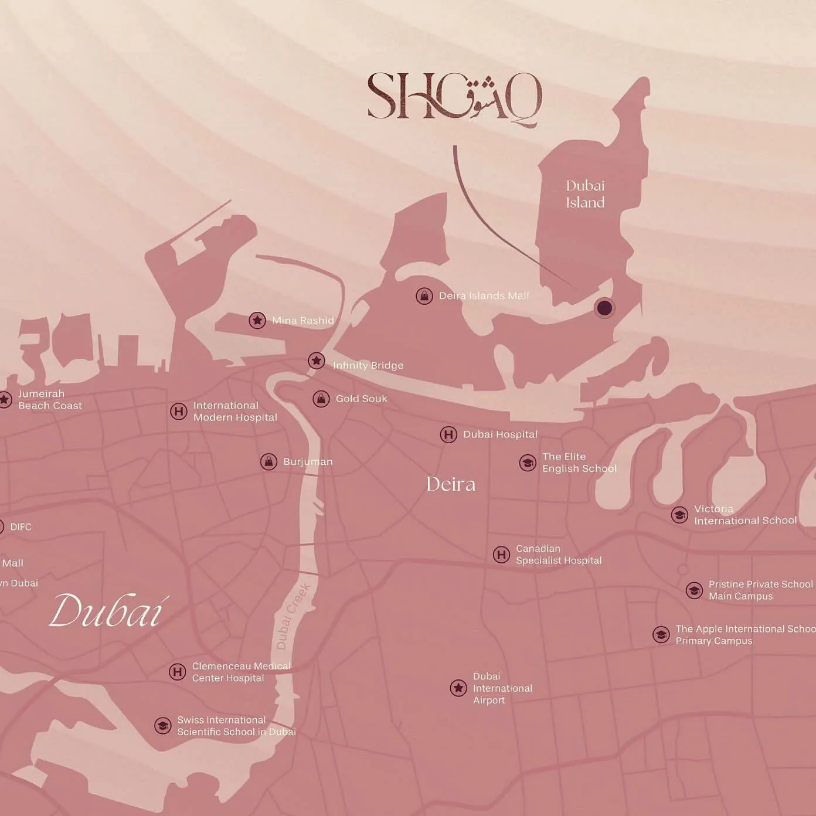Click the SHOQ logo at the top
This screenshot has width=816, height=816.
click(454, 97)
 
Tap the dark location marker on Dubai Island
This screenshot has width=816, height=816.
click(604, 308)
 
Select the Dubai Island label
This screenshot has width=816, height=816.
click(585, 194)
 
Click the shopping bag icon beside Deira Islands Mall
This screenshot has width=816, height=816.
click(424, 296)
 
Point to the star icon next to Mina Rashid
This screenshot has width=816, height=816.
click(257, 320)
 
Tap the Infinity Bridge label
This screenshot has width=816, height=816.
click(368, 365)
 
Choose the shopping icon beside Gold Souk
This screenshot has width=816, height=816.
click(321, 399)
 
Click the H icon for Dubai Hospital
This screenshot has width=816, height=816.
click(448, 434)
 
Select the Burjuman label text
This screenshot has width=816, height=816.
click(308, 462)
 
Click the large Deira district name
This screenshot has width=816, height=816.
click(451, 484)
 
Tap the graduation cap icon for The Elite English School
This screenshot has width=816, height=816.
click(528, 463)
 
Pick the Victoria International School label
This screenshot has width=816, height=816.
click(744, 515)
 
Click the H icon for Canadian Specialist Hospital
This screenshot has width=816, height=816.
click(501, 555)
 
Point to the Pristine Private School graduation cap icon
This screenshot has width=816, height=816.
click(694, 590)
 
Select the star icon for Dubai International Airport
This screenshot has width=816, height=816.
click(458, 688)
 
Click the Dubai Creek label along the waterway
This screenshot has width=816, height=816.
click(293, 616)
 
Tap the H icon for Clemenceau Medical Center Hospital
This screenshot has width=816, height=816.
click(178, 672)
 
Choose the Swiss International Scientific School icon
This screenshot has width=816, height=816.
click(162, 726)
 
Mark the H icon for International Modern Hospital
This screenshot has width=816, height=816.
click(179, 411)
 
